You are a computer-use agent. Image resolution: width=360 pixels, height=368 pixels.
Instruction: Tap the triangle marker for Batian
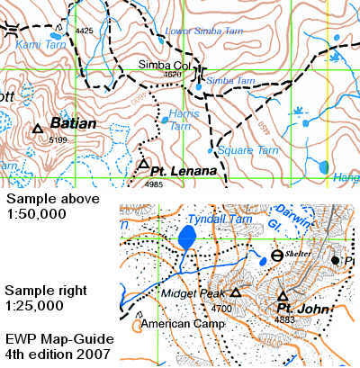[x=38, y=130]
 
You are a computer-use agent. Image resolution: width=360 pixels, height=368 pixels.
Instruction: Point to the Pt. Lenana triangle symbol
[x=142, y=165]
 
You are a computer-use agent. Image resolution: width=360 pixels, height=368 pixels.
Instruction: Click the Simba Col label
[x=159, y=64]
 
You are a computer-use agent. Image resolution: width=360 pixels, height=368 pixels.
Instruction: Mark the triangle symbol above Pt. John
[x=282, y=296]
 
